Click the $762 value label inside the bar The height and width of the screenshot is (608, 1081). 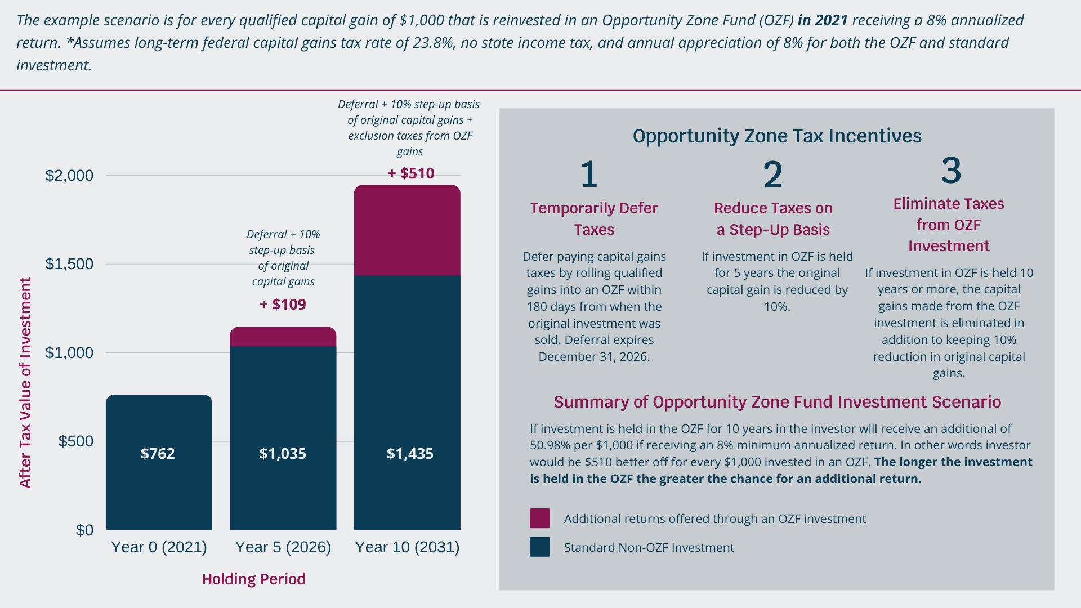[x=158, y=454]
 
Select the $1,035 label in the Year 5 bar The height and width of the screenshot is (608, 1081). [x=283, y=454]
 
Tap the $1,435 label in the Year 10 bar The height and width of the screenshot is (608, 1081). [x=410, y=454]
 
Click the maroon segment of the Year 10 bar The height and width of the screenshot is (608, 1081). [x=407, y=231]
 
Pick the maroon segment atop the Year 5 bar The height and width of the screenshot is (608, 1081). [x=283, y=337]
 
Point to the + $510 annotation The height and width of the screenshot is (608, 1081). [x=411, y=173]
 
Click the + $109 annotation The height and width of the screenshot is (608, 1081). [x=283, y=305]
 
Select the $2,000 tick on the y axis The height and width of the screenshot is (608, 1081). [x=69, y=176]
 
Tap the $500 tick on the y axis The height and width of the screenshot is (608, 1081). [x=76, y=441]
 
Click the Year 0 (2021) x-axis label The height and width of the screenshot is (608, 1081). [x=159, y=547]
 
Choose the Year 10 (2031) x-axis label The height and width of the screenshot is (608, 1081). [x=407, y=547]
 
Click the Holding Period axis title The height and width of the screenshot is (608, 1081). [x=253, y=579]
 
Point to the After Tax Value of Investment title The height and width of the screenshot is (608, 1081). [x=25, y=383]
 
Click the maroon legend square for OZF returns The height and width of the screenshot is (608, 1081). [x=539, y=518]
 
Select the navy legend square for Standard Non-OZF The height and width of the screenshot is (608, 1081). [x=539, y=547]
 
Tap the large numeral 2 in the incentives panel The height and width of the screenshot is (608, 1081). [x=772, y=175]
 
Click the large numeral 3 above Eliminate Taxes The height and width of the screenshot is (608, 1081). [x=951, y=170]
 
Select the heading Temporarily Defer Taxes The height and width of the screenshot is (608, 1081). [x=594, y=218]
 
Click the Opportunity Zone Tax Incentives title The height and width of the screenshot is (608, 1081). [x=777, y=136]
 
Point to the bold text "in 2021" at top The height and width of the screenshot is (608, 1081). [x=823, y=20]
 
